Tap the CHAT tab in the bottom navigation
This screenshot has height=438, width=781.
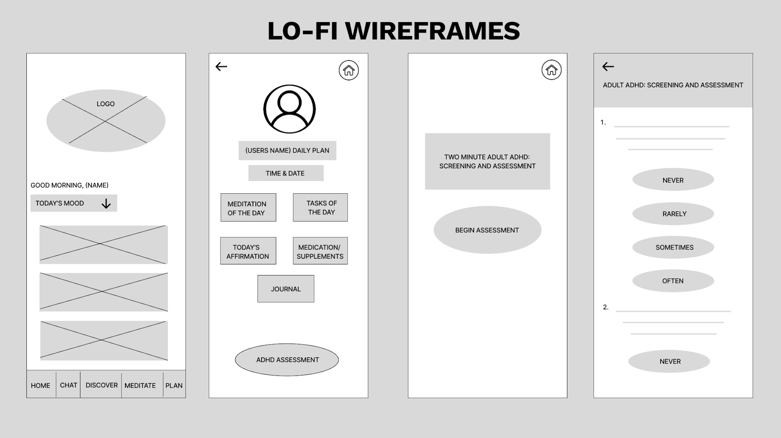coord(68,385)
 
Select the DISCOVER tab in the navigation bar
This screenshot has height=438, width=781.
coord(101,385)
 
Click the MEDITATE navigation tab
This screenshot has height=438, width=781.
coord(140,385)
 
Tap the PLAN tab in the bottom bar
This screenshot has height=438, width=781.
coord(174,385)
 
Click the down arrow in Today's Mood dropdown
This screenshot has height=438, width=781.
coord(106,204)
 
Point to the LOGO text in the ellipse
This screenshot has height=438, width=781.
coord(105,104)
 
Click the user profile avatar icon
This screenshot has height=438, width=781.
coord(289,109)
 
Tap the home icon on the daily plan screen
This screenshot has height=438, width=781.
coord(349,70)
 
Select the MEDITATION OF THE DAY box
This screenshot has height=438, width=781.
coord(248,208)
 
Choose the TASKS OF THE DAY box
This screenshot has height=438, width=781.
coord(320,208)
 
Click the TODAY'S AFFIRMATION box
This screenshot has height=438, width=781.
coord(248,251)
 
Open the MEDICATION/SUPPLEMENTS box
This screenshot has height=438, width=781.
coord(320,251)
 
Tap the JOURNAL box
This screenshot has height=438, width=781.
coord(286,289)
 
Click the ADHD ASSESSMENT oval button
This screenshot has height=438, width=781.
coord(287,360)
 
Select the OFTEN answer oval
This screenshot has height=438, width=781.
coord(673,281)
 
